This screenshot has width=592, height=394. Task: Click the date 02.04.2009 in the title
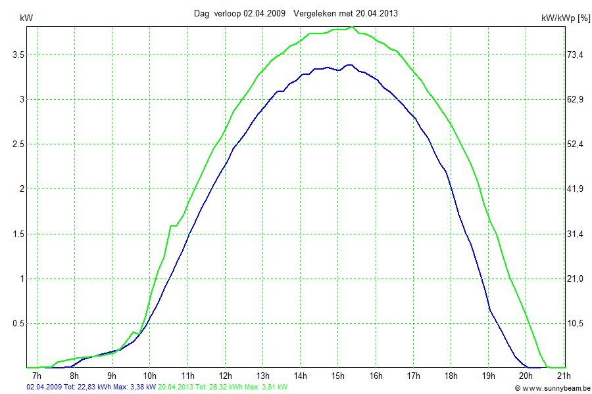[x=264, y=13]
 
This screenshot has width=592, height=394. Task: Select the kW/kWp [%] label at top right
[x=565, y=18]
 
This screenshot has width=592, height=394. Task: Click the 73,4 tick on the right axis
[x=576, y=55]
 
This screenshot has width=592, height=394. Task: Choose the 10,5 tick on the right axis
[x=576, y=323]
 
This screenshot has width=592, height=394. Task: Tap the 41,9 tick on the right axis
[x=576, y=189]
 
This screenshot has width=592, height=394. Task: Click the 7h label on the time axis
[x=37, y=376]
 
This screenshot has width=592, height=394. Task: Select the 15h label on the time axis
[x=338, y=376]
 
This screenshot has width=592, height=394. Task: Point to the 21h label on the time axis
[x=564, y=376]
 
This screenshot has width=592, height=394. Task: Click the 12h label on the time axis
[x=225, y=376]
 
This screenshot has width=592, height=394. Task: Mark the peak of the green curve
[x=352, y=28]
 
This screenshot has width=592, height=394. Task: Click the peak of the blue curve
[x=349, y=65]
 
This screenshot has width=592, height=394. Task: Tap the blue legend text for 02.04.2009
[x=91, y=387]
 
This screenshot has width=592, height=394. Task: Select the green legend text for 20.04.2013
[x=222, y=387]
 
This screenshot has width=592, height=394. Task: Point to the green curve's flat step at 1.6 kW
[x=174, y=226]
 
